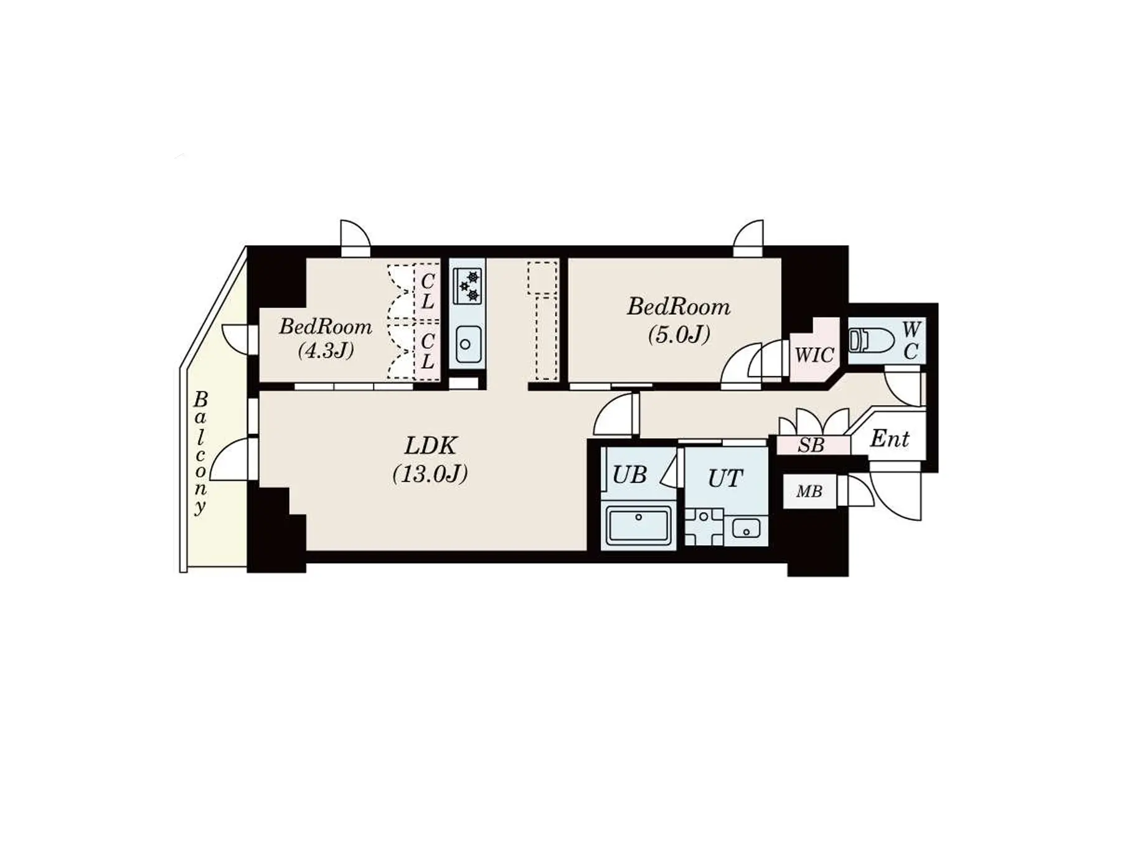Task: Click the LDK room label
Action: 431,446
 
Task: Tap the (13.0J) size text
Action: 430,474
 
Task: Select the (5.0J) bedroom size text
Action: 679,335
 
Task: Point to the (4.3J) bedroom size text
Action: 326,351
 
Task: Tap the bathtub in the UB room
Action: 639,525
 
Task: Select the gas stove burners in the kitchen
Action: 468,286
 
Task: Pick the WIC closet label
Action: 814,355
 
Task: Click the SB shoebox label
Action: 811,446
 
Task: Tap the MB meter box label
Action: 809,492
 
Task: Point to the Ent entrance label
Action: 890,439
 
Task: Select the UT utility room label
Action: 725,479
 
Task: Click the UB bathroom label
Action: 629,475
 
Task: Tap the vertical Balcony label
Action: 200,453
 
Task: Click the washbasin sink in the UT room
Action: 746,529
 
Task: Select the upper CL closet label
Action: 427,291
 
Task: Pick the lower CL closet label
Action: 427,351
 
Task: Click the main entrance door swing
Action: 896,495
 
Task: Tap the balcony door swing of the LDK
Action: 230,459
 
